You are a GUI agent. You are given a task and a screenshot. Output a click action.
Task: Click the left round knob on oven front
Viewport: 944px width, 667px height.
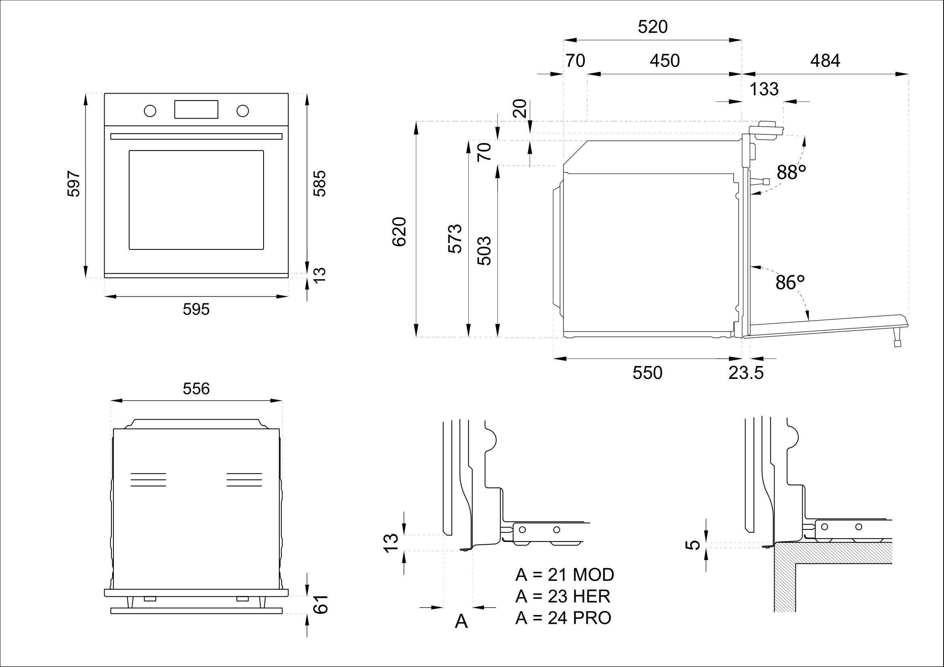click(x=150, y=110)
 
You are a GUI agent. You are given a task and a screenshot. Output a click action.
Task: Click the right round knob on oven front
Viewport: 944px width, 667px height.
click(x=243, y=110)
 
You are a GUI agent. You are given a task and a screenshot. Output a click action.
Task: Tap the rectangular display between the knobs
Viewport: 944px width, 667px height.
click(x=196, y=109)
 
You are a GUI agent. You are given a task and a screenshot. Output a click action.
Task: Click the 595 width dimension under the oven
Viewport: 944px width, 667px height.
click(x=196, y=309)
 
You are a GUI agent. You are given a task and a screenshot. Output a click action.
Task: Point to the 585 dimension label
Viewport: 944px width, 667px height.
click(x=320, y=183)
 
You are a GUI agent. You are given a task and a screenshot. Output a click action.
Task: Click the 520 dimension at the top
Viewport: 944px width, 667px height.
click(x=653, y=27)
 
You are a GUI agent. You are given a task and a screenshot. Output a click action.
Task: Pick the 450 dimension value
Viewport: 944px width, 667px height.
click(x=664, y=61)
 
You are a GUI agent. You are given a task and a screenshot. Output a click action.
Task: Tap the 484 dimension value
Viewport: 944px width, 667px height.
click(x=825, y=61)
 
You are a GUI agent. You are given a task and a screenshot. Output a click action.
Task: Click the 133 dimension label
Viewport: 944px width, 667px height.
click(x=764, y=89)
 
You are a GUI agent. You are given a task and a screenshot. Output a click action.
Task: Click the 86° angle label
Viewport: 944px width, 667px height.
click(x=790, y=282)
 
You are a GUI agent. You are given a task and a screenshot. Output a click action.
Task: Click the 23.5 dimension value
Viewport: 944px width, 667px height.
click(x=746, y=373)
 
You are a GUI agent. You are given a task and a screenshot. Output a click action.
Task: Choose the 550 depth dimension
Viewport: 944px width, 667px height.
click(x=647, y=373)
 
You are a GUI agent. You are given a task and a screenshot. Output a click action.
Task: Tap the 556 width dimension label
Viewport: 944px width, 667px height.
click(x=196, y=388)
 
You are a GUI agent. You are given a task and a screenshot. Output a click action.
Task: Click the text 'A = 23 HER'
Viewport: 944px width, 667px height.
click(x=563, y=596)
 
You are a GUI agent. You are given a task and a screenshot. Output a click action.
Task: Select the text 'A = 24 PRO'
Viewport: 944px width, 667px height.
click(x=563, y=618)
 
